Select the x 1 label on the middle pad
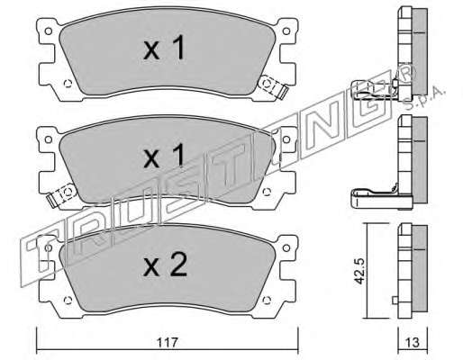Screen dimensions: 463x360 click(164, 156)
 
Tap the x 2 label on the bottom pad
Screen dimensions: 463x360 click(165, 264)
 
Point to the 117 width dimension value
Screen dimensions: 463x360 click(168, 342)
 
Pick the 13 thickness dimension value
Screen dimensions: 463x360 click(413, 342)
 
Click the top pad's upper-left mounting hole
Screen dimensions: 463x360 click(48, 31)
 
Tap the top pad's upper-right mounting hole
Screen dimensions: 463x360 click(286, 31)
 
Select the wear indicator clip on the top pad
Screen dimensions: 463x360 click(273, 86)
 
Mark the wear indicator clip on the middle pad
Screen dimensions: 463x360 click(61, 194)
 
